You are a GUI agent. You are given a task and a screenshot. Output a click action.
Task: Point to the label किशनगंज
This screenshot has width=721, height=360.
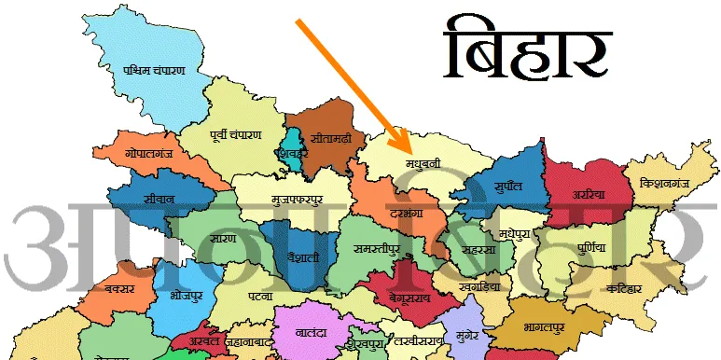[663, 186]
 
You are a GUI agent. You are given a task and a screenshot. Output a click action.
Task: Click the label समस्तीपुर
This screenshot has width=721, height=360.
[378, 249]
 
